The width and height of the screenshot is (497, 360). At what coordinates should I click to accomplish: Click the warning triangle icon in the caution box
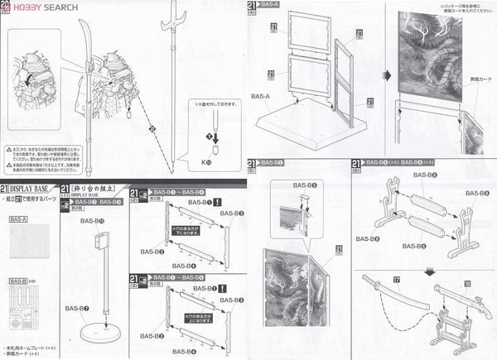tap(8, 152)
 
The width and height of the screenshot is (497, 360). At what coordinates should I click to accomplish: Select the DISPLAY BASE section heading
tap(38, 191)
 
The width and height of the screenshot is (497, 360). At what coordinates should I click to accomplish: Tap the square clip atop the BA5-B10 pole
tap(101, 241)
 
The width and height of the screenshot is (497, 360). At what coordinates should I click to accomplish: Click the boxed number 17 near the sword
tap(396, 282)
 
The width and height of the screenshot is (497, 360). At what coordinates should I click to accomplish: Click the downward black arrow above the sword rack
tap(429, 271)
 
